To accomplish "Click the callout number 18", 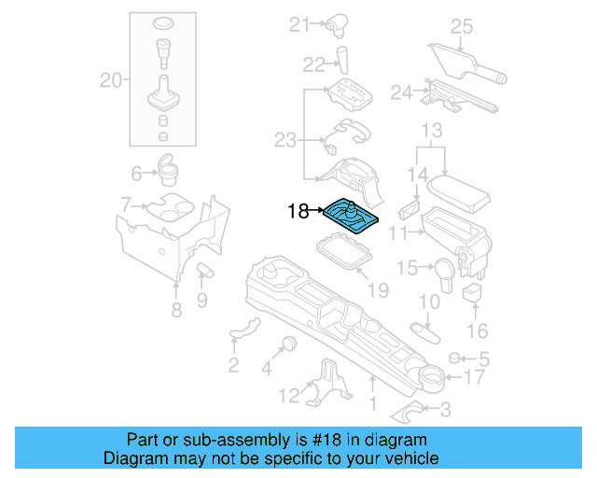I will (298, 212).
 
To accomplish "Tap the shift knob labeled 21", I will (335, 24).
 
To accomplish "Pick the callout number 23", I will (285, 141).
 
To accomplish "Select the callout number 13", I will (431, 129).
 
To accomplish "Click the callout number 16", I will (477, 330).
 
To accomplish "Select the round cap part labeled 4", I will (289, 342).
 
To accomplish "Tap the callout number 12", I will (290, 395).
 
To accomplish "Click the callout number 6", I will (137, 174).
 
